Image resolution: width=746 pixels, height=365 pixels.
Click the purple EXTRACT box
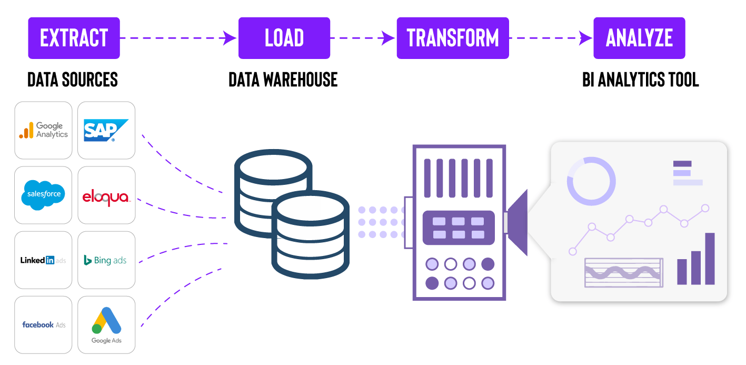click(74, 38)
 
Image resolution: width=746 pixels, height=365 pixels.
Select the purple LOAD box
click(284, 38)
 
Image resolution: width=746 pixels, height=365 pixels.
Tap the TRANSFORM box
click(453, 38)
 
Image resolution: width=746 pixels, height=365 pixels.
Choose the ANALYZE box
click(639, 38)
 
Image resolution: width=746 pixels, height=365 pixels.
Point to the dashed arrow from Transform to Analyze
click(551, 38)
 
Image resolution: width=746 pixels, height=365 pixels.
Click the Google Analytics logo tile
click(43, 130)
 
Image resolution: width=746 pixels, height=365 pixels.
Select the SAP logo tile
click(106, 130)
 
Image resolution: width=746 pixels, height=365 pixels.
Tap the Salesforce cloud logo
click(43, 195)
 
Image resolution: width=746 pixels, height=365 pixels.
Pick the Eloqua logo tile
click(106, 195)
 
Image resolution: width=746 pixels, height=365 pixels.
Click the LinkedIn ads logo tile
click(43, 260)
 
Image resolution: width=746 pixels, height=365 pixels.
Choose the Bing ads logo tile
click(106, 260)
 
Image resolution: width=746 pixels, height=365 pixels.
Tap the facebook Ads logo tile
click(43, 325)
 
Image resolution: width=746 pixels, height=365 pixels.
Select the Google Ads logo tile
click(106, 325)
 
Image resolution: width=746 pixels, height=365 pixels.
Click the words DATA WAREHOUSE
click(283, 80)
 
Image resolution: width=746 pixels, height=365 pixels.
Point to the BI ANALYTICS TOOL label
click(640, 80)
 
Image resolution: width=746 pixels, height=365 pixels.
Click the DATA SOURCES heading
click(73, 80)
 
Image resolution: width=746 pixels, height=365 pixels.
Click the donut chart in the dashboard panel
click(591, 181)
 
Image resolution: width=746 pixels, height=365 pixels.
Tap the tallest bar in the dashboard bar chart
click(710, 259)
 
